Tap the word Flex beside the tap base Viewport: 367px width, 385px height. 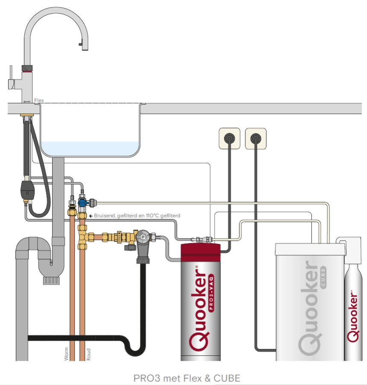(x=39, y=101)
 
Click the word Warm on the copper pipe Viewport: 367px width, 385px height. (x=67, y=353)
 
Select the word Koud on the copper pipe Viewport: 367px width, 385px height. (x=89, y=354)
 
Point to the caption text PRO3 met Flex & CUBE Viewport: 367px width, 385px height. (x=187, y=378)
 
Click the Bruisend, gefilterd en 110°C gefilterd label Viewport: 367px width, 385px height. (x=137, y=216)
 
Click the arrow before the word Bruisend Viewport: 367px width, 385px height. (x=91, y=216)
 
